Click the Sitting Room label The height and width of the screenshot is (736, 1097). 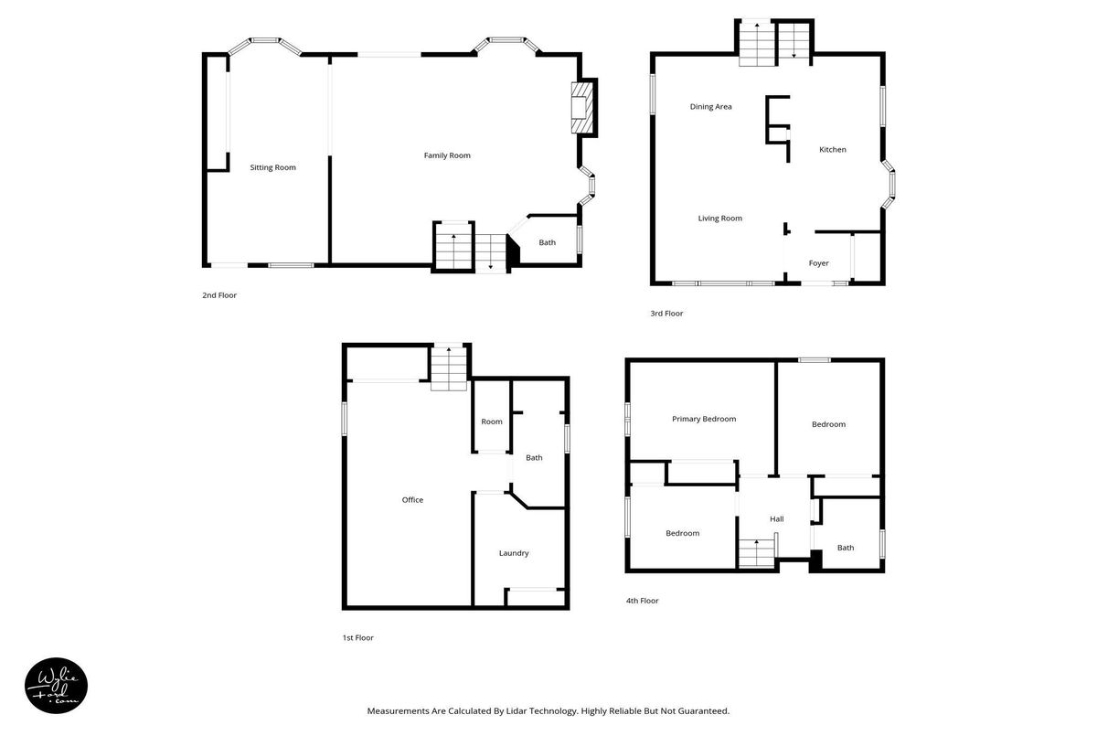[x=272, y=167]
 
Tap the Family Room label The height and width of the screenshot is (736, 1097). [x=447, y=155]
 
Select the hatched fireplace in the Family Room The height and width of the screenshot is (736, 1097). [x=582, y=108]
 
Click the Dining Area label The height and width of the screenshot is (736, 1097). [x=710, y=107]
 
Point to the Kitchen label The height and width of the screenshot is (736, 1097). [x=833, y=150]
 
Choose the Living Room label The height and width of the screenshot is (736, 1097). [x=720, y=219]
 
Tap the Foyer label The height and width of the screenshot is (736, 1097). [x=818, y=263]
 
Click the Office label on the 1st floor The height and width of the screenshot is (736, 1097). [x=412, y=500]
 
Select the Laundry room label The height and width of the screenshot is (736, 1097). [x=514, y=553]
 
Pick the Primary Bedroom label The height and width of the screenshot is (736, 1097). [x=704, y=419]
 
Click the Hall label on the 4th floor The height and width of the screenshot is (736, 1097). [x=777, y=519]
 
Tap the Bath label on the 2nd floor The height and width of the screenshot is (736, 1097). [x=547, y=242]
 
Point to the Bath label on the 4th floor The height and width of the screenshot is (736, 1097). [x=846, y=548]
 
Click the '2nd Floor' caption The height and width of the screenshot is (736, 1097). [x=219, y=295]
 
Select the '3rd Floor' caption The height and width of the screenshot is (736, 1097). [x=666, y=314]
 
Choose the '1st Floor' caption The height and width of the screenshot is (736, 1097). [x=358, y=638]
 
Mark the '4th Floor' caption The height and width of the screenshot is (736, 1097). [x=642, y=601]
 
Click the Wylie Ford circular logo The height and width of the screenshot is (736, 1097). [x=57, y=686]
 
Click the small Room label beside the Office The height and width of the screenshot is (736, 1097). [x=492, y=421]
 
